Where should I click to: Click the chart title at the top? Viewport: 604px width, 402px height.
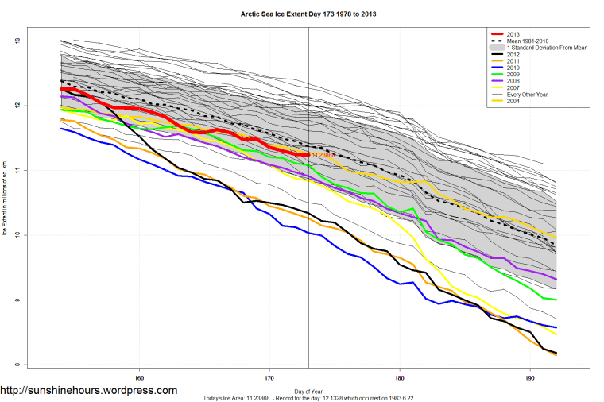coord(302,14)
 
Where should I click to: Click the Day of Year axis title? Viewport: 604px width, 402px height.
coord(308,391)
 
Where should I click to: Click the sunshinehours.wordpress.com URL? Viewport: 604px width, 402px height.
coord(88,391)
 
